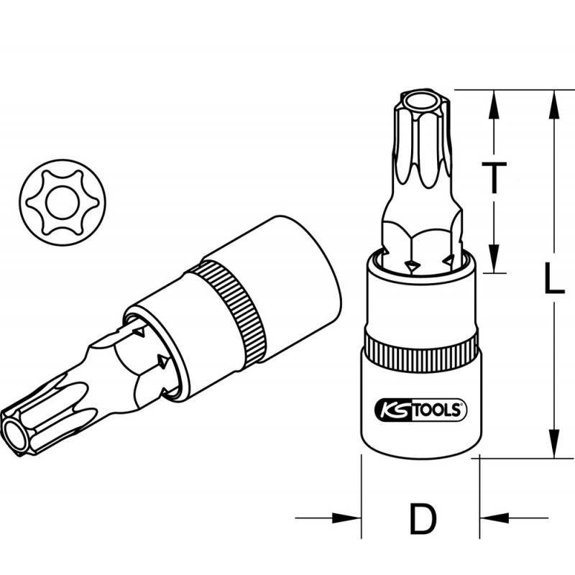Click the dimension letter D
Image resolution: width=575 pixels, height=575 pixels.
(423, 518)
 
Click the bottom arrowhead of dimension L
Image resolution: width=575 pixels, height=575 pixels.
(553, 442)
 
